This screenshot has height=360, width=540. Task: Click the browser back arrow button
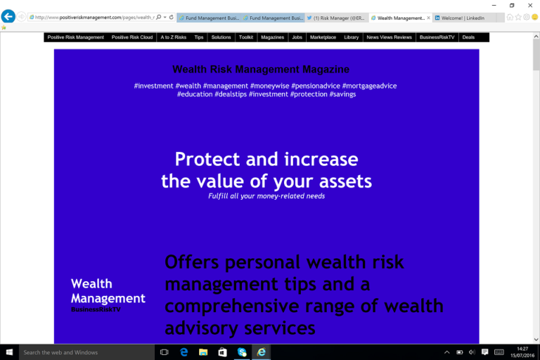(x=8, y=17)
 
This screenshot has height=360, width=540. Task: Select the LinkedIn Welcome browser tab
(x=463, y=18)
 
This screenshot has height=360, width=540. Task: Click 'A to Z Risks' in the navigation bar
(x=174, y=37)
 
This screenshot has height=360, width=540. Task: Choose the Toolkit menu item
(x=246, y=37)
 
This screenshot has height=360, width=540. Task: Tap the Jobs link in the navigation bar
(x=297, y=37)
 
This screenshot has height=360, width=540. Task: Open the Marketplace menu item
(x=323, y=37)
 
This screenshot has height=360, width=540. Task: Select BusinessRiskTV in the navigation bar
(x=437, y=37)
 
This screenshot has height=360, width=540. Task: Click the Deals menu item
(x=468, y=37)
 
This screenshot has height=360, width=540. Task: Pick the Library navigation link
(x=352, y=37)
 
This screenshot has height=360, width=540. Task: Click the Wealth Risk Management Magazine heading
(x=261, y=70)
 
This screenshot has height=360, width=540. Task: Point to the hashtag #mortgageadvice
(x=369, y=86)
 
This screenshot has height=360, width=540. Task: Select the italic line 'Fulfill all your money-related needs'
(x=266, y=196)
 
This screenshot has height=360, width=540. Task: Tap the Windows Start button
(x=9, y=352)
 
